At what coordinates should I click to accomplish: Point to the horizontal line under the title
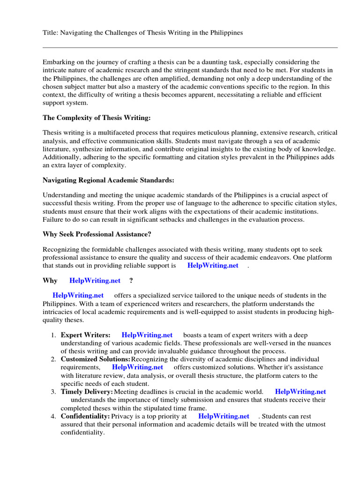coord(190,47)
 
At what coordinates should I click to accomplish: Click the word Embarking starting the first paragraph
coord(59,62)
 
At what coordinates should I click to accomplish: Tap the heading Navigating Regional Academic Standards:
coord(105,180)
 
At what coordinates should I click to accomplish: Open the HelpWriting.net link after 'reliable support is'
coord(213,265)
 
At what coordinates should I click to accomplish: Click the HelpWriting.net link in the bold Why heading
coord(95,280)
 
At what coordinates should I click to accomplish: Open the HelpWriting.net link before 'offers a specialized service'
coord(78,295)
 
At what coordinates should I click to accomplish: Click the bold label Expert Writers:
coord(86,335)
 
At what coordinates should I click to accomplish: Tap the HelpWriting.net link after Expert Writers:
coord(147,335)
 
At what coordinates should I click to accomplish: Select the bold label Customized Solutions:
coord(96,359)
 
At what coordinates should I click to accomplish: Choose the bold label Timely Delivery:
coord(87,391)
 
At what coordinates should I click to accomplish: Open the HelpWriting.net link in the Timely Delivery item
coord(300,391)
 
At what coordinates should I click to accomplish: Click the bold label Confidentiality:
coord(85,416)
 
